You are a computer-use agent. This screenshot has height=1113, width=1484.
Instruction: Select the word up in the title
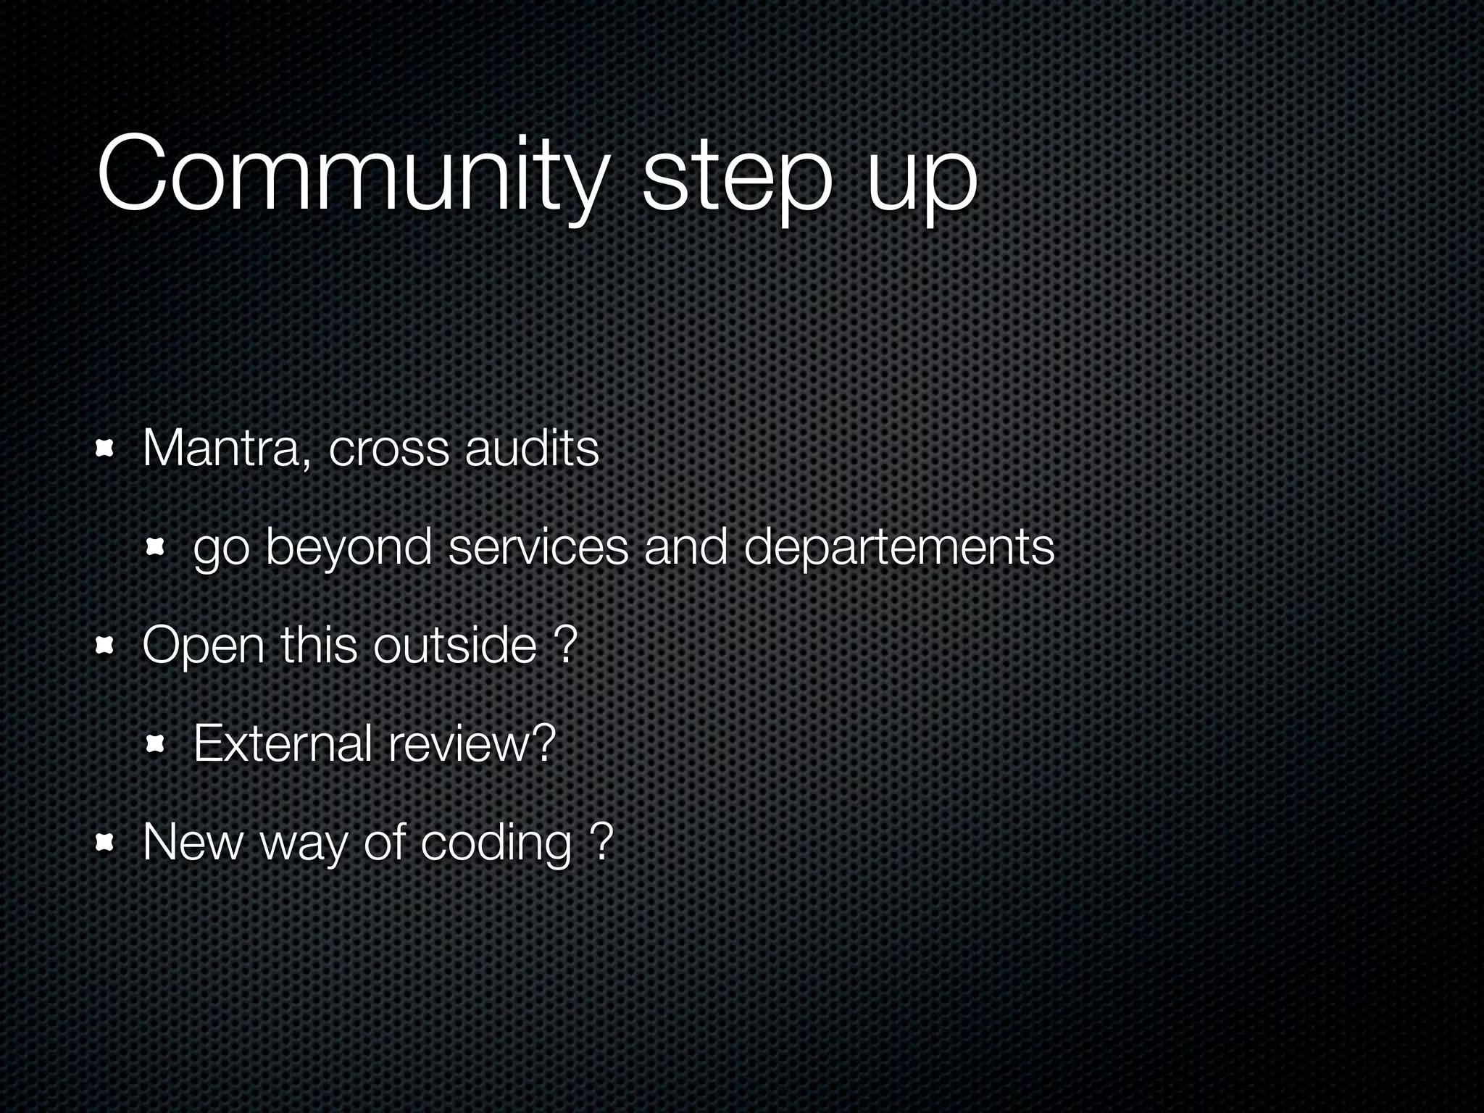[921, 185]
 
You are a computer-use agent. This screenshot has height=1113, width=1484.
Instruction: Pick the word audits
[532, 449]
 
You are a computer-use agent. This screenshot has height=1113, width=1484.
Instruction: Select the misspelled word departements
[899, 548]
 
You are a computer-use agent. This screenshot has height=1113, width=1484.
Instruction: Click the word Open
[204, 646]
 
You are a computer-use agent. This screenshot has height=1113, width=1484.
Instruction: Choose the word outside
[455, 644]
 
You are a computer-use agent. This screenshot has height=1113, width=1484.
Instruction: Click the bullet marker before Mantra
[106, 450]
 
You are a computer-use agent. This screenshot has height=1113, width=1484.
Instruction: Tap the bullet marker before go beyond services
[156, 549]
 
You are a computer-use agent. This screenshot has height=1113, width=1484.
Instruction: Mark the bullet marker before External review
[156, 744]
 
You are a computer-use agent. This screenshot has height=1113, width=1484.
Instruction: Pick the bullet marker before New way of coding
[106, 843]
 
